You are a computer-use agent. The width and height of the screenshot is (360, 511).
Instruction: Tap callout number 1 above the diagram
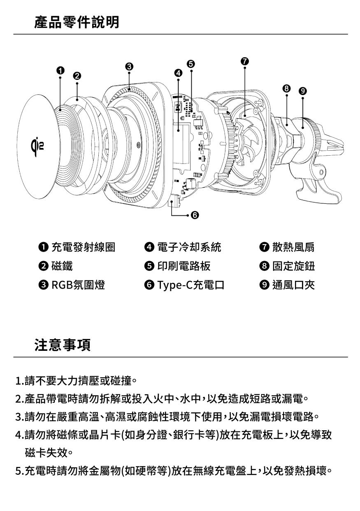coord(60,70)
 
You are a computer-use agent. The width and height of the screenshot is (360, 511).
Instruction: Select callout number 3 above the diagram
coord(129,66)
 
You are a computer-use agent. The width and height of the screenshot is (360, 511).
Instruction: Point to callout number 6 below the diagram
coord(195,215)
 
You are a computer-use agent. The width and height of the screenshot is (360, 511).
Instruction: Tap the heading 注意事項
coord(63,345)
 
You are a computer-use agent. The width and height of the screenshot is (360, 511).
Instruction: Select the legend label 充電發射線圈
coord(83,247)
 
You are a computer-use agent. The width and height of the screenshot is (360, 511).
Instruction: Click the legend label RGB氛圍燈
coord(78,285)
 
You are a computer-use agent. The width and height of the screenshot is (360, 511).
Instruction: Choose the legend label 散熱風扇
coord(293,247)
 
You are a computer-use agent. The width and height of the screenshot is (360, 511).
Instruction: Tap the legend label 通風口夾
coord(293,285)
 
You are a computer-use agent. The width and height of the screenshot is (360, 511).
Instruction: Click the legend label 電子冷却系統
coord(189,247)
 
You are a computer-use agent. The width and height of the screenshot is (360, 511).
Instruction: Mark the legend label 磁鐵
coord(62,266)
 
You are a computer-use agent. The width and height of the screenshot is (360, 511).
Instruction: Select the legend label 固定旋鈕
coord(293,266)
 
